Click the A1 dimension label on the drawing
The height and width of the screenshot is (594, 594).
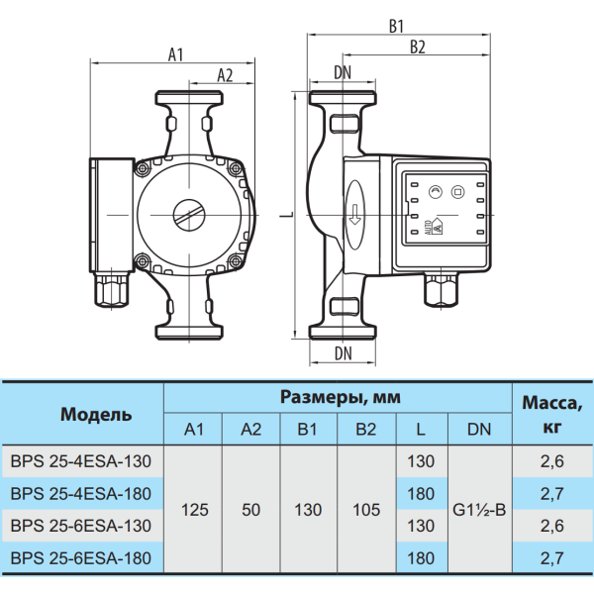point(175,54)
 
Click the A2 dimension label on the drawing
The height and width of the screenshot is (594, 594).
point(225,75)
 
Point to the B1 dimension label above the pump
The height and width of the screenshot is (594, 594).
point(396,27)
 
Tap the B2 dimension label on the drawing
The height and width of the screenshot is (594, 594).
point(418,48)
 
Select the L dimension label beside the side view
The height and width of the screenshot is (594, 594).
point(288,215)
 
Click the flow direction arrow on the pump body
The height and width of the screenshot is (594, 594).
point(354,215)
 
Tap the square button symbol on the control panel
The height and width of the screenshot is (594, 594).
point(457,192)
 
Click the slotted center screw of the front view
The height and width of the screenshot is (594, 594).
point(189,215)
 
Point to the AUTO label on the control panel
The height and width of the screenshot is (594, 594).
point(428,228)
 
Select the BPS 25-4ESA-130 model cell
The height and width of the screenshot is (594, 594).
point(81,461)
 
